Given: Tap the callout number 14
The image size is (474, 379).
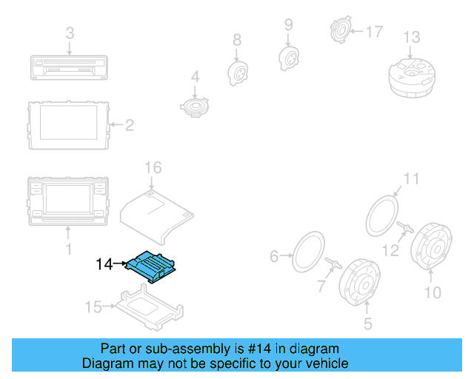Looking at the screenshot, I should coord(104,264).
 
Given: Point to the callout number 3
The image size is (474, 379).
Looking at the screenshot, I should coord(70,33).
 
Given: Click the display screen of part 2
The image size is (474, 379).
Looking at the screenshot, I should coord(69,123).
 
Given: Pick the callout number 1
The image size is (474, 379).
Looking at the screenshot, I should coord(69,250).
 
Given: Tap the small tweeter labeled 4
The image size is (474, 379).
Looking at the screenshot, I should coord(196,107).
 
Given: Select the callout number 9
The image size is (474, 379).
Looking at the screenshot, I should coord(288,24).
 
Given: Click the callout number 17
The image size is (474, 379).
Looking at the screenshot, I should coord(374,32).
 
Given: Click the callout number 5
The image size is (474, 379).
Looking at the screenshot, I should coord(367,323).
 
